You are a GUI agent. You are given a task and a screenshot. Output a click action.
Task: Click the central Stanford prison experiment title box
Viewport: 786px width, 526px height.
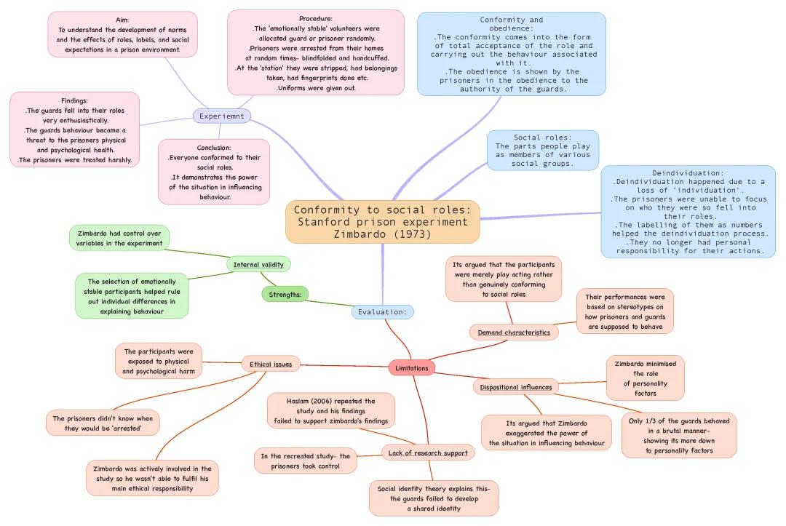tap(383, 222)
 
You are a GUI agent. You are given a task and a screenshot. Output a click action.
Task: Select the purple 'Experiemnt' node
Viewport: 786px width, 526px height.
tap(222, 116)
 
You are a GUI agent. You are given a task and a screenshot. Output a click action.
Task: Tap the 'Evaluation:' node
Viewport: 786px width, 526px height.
tap(382, 312)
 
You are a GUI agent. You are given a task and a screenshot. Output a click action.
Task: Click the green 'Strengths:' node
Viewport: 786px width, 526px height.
tap(285, 295)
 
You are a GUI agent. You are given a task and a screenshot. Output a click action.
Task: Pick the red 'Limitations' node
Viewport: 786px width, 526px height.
tap(412, 368)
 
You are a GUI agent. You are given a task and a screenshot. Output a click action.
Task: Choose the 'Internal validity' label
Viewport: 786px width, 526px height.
tap(258, 264)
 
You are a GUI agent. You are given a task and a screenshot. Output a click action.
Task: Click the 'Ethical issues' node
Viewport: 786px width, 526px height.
tap(271, 364)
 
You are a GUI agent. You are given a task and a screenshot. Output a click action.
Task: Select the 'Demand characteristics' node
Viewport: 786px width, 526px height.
tap(514, 332)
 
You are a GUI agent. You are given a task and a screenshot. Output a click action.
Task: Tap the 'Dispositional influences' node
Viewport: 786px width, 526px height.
tap(516, 387)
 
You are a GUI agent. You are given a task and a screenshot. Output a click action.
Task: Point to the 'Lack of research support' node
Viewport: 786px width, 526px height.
tap(428, 453)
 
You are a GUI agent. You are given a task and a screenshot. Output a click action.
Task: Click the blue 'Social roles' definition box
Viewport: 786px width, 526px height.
tap(542, 151)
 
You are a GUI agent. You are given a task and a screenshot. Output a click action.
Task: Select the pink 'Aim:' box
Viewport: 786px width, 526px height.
tap(122, 34)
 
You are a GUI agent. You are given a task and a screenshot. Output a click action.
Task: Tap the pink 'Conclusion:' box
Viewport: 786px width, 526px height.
tap(214, 172)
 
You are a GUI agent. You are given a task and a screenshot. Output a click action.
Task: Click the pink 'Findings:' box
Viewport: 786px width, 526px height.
tap(75, 130)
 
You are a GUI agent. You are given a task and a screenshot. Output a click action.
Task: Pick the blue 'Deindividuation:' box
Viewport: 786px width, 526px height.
tap(688, 212)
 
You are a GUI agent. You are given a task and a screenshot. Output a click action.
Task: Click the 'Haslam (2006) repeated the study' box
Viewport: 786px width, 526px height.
tap(331, 411)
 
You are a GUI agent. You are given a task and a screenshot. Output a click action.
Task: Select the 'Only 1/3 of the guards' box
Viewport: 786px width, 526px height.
tap(679, 436)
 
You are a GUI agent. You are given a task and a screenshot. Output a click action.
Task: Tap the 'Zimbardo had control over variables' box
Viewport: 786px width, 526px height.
tap(120, 238)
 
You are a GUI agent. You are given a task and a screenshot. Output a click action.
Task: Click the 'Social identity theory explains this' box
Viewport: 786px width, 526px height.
tap(434, 498)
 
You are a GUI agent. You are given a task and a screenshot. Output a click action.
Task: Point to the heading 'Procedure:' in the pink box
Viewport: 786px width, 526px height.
tap(316, 18)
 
